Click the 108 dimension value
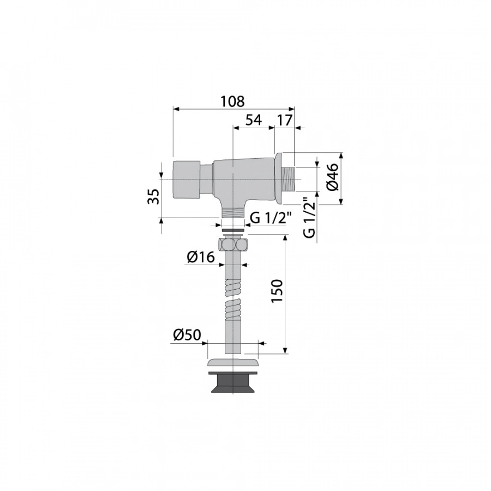point(232,101)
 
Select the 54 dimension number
point(253,119)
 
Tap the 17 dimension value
point(285,120)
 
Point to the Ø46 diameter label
point(333,176)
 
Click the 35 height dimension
point(154,196)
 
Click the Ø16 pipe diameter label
point(201,257)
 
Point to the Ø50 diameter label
point(187,335)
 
